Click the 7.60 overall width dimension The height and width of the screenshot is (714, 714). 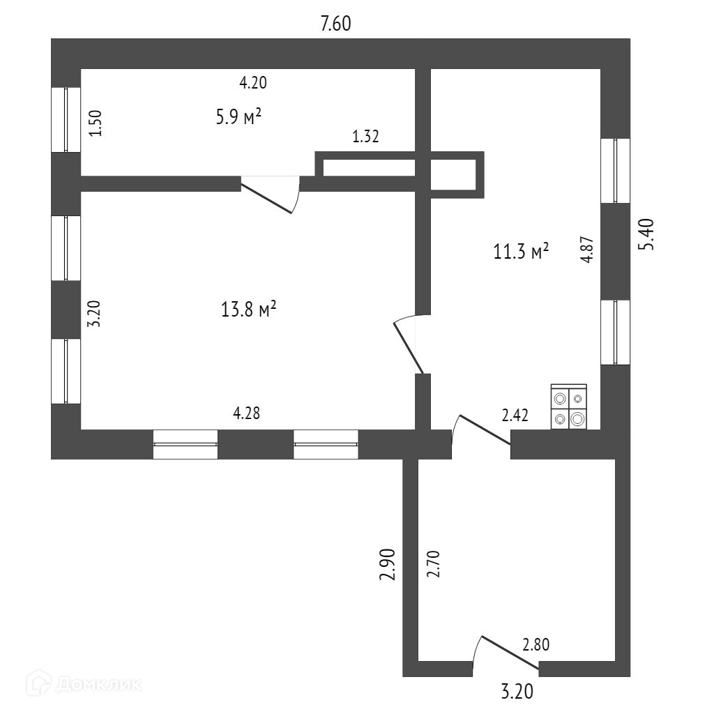pyautogui.click(x=335, y=24)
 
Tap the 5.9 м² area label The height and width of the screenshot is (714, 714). pyautogui.click(x=238, y=116)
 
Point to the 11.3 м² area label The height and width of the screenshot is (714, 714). pyautogui.click(x=521, y=251)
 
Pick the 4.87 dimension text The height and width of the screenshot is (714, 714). pyautogui.click(x=588, y=249)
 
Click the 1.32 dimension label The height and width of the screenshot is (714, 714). pyautogui.click(x=365, y=137)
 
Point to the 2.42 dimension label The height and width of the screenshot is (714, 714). pyautogui.click(x=515, y=416)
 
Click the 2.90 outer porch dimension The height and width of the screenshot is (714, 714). pyautogui.click(x=389, y=565)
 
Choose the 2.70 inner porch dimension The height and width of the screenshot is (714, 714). pyautogui.click(x=432, y=565)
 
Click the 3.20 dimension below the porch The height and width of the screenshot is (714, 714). pyautogui.click(x=517, y=692)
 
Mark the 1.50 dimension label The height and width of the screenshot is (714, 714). pyautogui.click(x=98, y=123)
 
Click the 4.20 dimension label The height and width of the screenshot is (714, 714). pyautogui.click(x=253, y=83)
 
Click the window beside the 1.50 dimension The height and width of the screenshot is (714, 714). pyautogui.click(x=66, y=119)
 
